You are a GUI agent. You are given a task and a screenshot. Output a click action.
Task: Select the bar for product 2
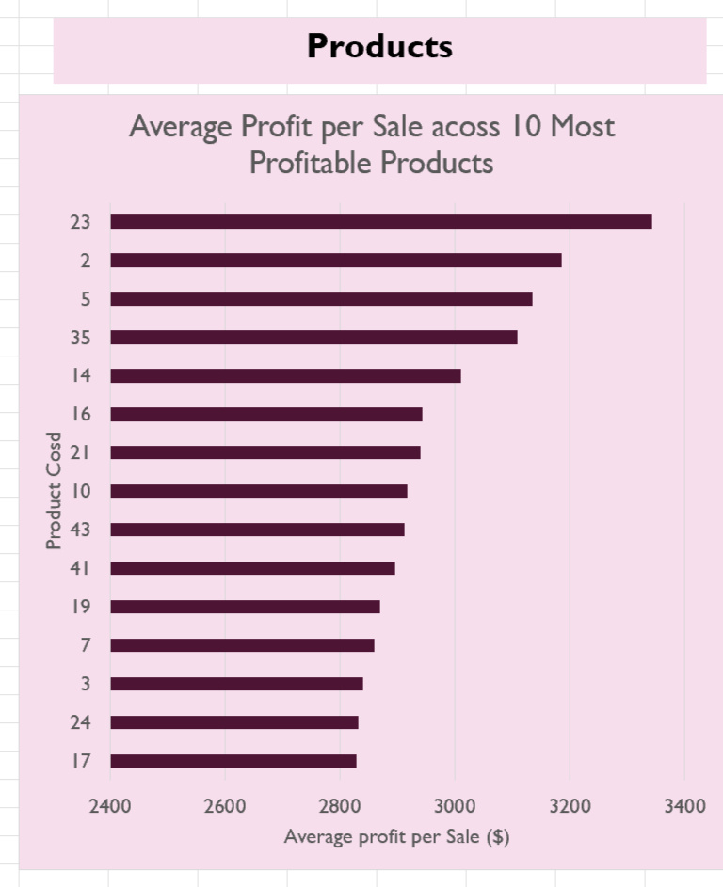point(335,261)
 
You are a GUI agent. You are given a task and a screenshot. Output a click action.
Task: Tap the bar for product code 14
point(285,376)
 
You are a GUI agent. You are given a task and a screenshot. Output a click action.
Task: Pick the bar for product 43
point(257,530)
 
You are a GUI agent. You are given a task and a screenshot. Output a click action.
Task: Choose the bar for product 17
point(233,761)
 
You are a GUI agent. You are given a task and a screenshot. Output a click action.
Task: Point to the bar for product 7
point(242,645)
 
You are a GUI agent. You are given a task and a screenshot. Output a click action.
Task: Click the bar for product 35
point(313,338)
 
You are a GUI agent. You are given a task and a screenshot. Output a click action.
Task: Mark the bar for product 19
point(245,607)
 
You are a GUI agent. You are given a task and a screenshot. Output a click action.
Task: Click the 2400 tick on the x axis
point(110,806)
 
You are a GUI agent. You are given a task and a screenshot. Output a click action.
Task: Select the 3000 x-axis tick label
point(455,806)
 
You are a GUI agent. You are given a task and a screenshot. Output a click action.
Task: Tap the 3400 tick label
point(684,806)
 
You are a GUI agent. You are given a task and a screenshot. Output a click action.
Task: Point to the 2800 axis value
point(340,806)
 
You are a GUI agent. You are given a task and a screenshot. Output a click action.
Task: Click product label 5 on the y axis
point(86,299)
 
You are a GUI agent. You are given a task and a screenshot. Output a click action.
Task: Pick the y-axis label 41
point(80,568)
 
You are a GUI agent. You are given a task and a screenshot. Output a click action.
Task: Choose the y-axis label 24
point(80,722)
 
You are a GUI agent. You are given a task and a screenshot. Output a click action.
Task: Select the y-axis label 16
point(80,414)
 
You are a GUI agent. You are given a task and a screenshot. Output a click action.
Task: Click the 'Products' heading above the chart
point(379,46)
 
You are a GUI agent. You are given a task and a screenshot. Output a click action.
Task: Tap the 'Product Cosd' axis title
point(55,490)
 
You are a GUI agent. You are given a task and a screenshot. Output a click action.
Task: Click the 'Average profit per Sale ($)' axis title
point(396,837)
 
